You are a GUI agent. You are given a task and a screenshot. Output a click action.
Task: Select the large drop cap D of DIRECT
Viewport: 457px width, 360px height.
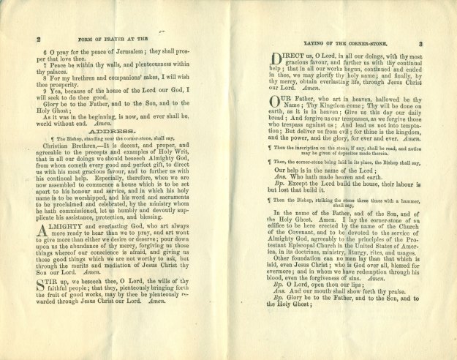point(278,58)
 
